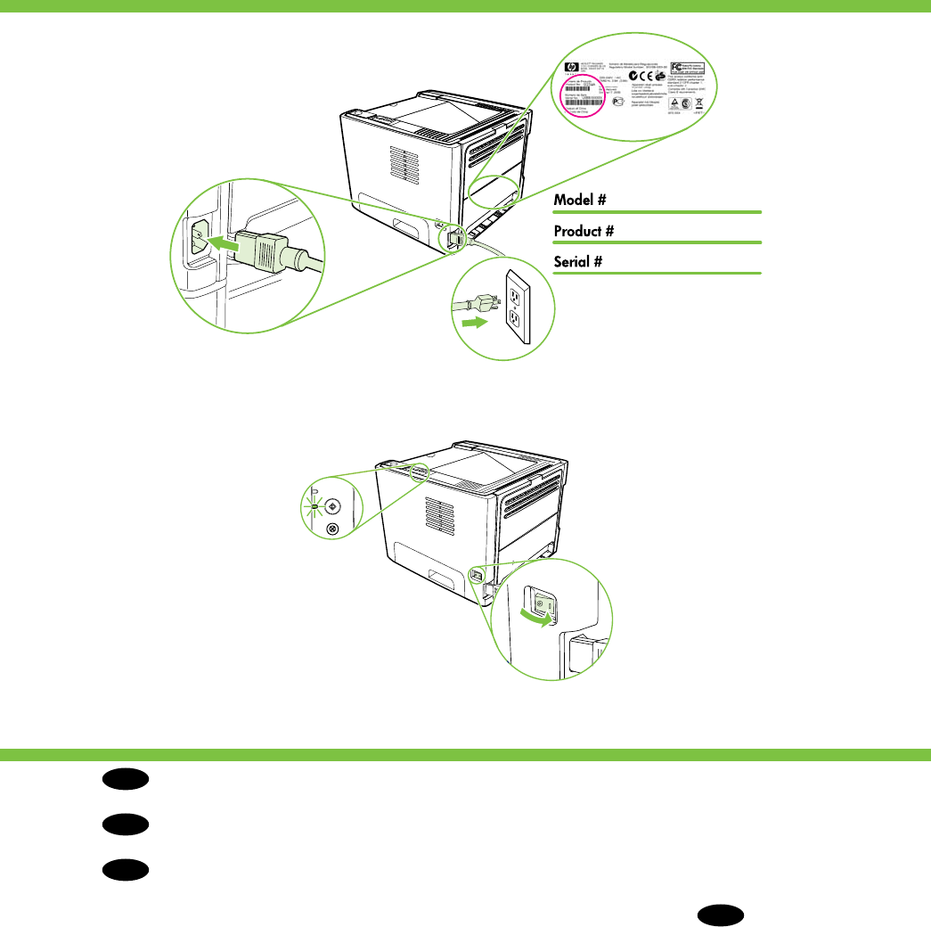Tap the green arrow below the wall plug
point(477,323)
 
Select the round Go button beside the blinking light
point(333,505)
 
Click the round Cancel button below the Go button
point(333,529)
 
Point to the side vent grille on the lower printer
point(436,517)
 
